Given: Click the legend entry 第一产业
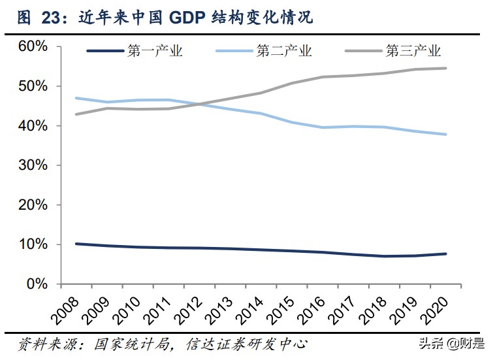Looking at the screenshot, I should click(x=155, y=51).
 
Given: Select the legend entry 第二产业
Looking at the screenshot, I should click(x=284, y=51).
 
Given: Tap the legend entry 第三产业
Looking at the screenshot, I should click(x=413, y=51).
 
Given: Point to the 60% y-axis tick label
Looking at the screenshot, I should click(x=33, y=46).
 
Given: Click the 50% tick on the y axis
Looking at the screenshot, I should click(x=33, y=86).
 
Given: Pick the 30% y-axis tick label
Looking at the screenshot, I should click(x=33, y=165).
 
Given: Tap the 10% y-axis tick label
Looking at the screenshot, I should click(x=33, y=244).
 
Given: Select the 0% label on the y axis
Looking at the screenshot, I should click(x=37, y=284).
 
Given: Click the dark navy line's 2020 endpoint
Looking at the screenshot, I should click(x=446, y=254).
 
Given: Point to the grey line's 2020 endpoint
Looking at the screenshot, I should click(x=446, y=68).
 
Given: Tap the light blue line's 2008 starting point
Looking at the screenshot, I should click(x=76, y=98).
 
